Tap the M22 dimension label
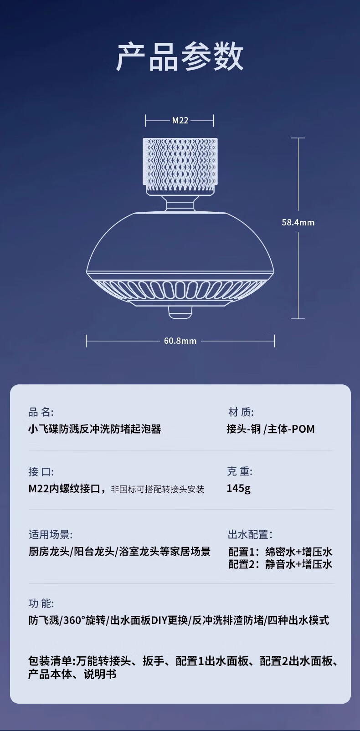[180, 121]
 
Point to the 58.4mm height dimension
[298, 222]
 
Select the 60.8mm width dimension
[180, 341]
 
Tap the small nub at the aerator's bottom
[180, 312]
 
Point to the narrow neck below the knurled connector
[180, 203]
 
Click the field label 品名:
[41, 412]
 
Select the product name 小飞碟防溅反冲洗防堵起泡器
[95, 429]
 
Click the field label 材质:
[241, 412]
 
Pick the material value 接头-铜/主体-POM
[271, 429]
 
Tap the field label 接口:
[41, 471]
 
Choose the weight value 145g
[238, 488]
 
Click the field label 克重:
[240, 471]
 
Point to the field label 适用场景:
[51, 534]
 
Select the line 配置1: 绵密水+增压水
[280, 552]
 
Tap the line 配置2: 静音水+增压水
[280, 564]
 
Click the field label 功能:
[41, 603]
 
